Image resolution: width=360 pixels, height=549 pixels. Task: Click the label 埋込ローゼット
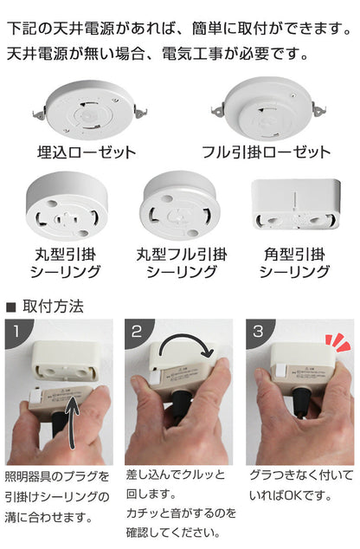87,152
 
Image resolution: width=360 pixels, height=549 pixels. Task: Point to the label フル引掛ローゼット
267,152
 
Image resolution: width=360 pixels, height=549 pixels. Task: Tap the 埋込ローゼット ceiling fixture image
89,109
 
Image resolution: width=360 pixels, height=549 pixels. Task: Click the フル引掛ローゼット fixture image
268,108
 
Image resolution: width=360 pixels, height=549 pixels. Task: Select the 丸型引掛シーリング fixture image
67,206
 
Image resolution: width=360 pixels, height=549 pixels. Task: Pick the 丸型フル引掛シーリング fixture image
180,206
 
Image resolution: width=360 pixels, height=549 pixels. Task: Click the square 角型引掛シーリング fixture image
296,204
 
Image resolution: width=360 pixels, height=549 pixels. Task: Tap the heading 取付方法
53,307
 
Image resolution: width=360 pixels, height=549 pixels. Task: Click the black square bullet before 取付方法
11,307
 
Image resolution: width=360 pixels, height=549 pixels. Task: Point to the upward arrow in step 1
72,423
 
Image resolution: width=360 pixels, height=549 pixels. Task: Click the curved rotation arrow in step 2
185,339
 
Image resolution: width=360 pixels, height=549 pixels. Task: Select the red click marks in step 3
337,342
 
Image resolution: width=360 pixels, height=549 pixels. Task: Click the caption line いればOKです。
291,495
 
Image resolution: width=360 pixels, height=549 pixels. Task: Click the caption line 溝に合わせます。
49,517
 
